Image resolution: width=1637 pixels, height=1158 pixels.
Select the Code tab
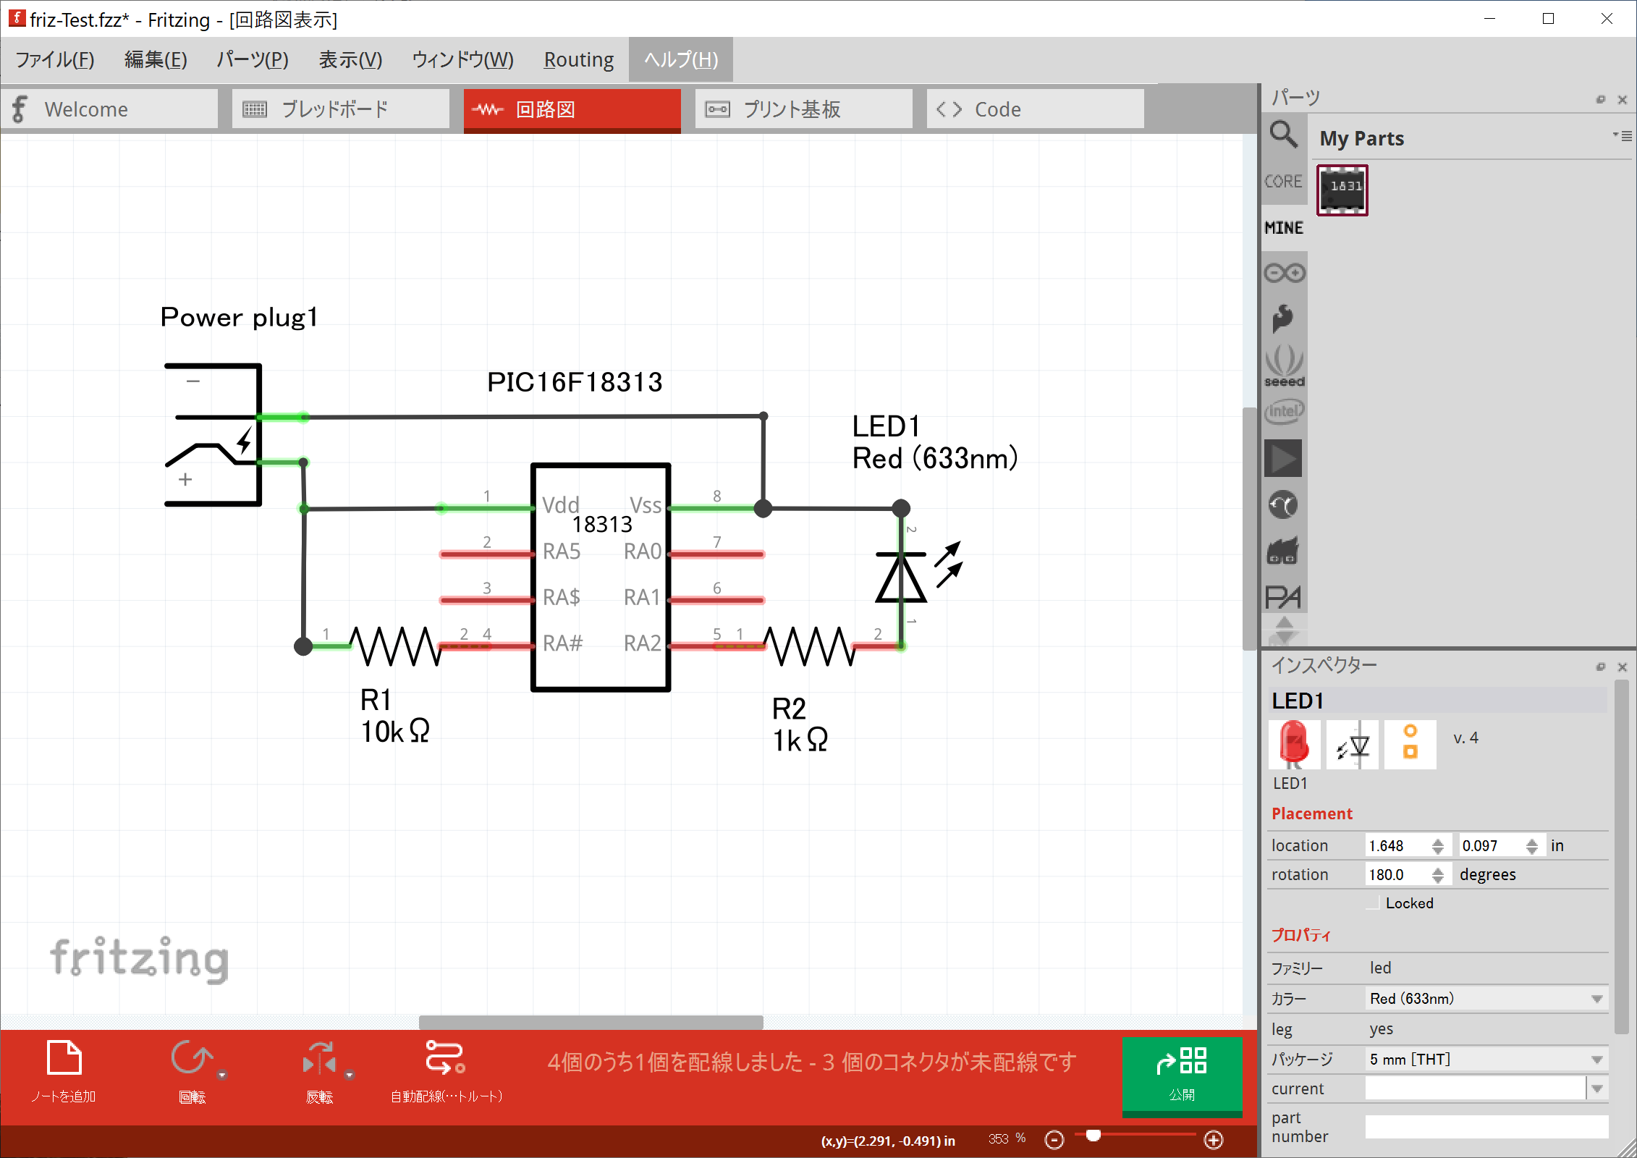pyautogui.click(x=1035, y=109)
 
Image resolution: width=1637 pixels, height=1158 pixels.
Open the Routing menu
pyautogui.click(x=579, y=59)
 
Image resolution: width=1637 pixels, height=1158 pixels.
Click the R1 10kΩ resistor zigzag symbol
pyautogui.click(x=396, y=646)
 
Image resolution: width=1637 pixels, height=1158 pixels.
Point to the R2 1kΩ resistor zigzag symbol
pyautogui.click(x=810, y=646)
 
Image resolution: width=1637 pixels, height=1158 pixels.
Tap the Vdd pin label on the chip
pyautogui.click(x=561, y=504)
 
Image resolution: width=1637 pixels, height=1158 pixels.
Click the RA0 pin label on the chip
pyautogui.click(x=643, y=551)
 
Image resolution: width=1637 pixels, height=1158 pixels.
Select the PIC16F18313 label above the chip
pyautogui.click(x=575, y=382)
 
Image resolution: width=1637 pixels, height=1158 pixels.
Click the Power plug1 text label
pyautogui.click(x=239, y=317)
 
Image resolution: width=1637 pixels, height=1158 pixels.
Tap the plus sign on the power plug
pyautogui.click(x=185, y=479)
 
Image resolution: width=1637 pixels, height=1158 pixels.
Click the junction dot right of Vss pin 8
pyautogui.click(x=763, y=508)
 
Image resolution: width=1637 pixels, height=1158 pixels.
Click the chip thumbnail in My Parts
pyautogui.click(x=1342, y=190)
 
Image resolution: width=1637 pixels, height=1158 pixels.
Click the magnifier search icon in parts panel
pyautogui.click(x=1284, y=135)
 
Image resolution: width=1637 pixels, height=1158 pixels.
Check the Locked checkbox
pyautogui.click(x=1372, y=903)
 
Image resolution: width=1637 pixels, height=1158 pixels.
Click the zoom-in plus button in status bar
pyautogui.click(x=1214, y=1140)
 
